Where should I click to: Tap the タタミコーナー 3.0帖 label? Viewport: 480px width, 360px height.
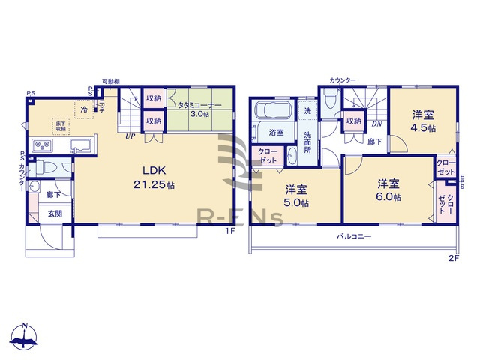[195, 109]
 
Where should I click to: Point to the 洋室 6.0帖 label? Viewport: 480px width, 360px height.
[388, 190]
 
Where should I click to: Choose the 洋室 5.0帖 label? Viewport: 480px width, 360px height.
[295, 196]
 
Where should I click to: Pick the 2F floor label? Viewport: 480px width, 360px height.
[453, 259]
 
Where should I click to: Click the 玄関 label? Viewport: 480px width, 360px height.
[55, 214]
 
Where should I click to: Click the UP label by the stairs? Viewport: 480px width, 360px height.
[130, 136]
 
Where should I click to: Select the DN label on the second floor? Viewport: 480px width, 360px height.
[377, 124]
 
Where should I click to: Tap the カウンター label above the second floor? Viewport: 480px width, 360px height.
[342, 79]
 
